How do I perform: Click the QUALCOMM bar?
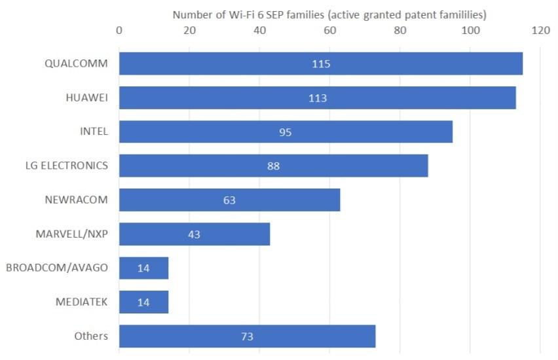pyautogui.click(x=320, y=63)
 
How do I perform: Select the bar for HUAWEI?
pyautogui.click(x=317, y=98)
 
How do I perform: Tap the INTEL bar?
pyautogui.click(x=286, y=132)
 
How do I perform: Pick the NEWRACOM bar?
pyautogui.click(x=229, y=200)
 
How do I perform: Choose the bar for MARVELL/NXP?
pyautogui.click(x=194, y=234)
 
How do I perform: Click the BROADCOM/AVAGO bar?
pyautogui.click(x=143, y=268)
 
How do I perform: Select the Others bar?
pyautogui.click(x=247, y=336)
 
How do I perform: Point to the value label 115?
pyautogui.click(x=321, y=64)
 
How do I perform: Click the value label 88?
pyautogui.click(x=273, y=166)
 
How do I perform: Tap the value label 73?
pyautogui.click(x=247, y=337)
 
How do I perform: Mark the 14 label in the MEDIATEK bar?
pyautogui.click(x=143, y=302)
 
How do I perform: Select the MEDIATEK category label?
pyautogui.click(x=81, y=302)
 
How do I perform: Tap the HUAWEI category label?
pyautogui.click(x=86, y=98)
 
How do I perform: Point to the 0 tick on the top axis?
pyautogui.click(x=119, y=29)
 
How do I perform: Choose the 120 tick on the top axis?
pyautogui.click(x=540, y=29)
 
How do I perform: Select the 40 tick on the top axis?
pyautogui.click(x=259, y=29)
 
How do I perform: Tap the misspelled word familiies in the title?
pyautogui.click(x=459, y=14)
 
